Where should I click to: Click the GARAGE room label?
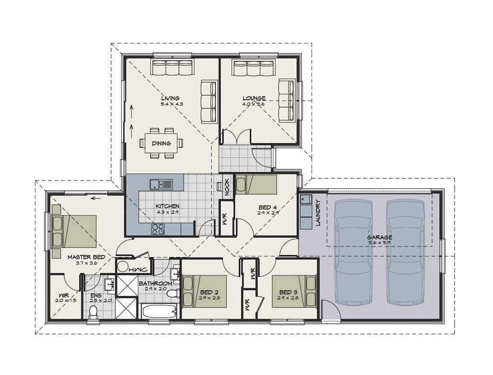click(380, 237)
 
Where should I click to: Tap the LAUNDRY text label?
click(317, 212)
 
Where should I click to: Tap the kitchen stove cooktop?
click(158, 229)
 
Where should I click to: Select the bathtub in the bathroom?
click(159, 311)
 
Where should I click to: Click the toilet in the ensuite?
click(94, 311)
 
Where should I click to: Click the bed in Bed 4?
click(257, 185)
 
